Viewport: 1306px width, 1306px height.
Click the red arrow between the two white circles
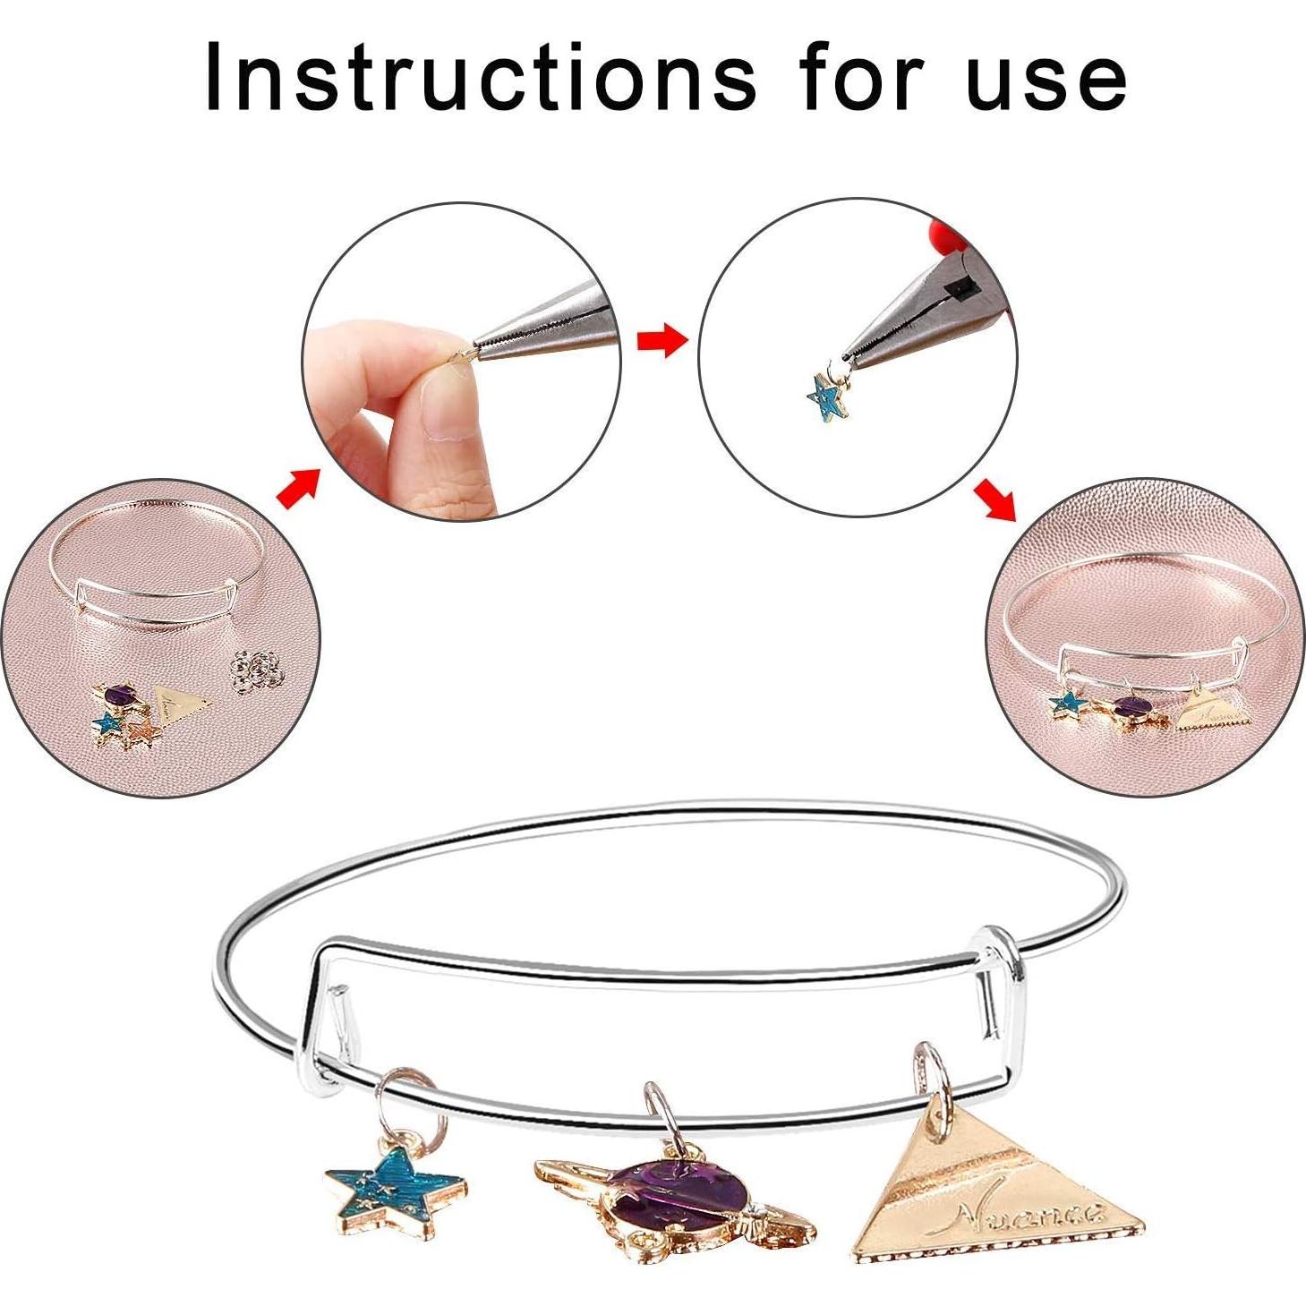click(661, 340)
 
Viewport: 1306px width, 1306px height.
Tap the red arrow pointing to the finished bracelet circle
click(994, 499)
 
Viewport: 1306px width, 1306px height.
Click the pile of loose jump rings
click(258, 670)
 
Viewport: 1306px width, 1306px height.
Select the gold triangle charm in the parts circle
click(182, 703)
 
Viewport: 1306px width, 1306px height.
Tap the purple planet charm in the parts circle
click(119, 695)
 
